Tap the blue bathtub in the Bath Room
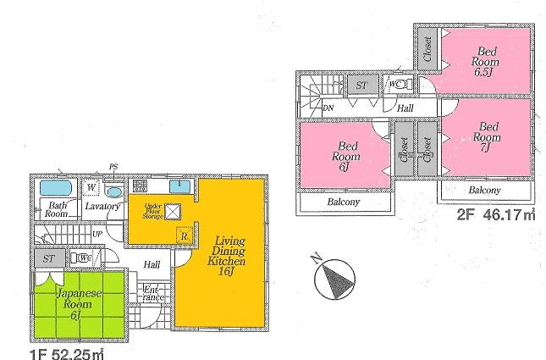coord(57,187)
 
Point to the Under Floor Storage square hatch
coord(174,213)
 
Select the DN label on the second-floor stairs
coord(328,108)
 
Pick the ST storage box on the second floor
coord(361,85)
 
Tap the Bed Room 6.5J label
coord(486,60)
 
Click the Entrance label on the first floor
coord(152,294)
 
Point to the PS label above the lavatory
coord(113,167)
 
